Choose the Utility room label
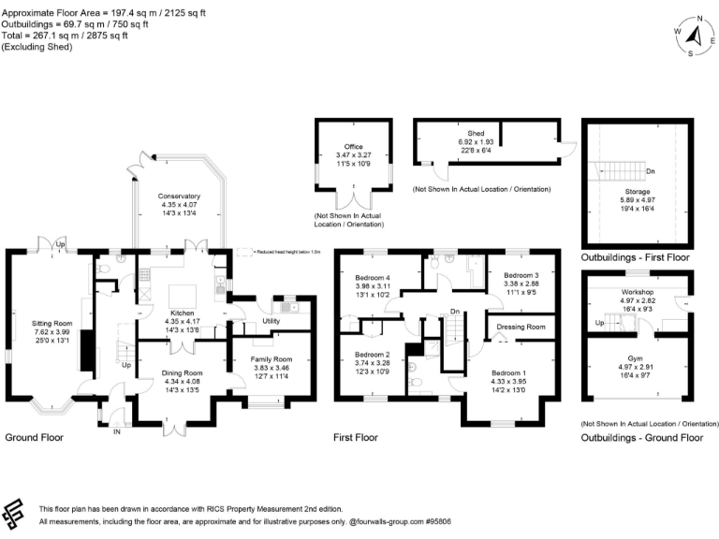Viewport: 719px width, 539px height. tap(271, 320)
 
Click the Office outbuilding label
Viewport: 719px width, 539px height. tap(353, 147)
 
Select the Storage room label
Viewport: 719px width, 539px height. tap(637, 191)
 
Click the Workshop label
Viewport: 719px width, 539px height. tap(637, 292)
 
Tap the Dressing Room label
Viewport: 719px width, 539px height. tap(521, 327)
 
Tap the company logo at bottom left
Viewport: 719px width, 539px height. tap(14, 514)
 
